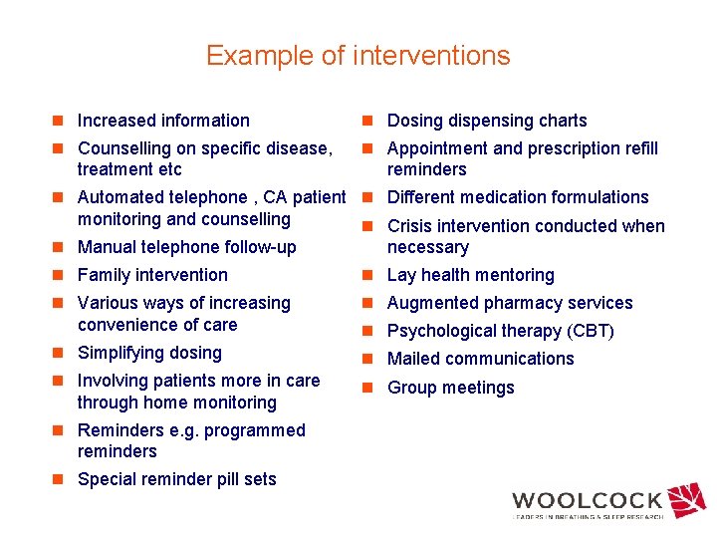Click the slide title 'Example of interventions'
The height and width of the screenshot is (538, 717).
pyautogui.click(x=358, y=56)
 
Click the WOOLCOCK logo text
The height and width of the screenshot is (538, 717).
pyautogui.click(x=587, y=501)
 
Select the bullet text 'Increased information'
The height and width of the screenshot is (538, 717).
pyautogui.click(x=163, y=121)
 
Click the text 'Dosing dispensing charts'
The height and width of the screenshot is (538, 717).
pyautogui.click(x=487, y=121)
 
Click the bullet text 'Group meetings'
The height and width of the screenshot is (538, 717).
pyautogui.click(x=450, y=388)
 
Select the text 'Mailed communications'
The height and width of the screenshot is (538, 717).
pyautogui.click(x=480, y=359)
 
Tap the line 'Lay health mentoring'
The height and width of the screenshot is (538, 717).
pyautogui.click(x=470, y=275)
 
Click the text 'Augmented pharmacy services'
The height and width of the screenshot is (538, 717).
pyautogui.click(x=510, y=303)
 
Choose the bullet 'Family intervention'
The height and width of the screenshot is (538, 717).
pyautogui.click(x=152, y=275)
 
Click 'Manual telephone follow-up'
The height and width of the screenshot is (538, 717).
pyautogui.click(x=186, y=247)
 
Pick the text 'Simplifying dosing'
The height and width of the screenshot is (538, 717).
pyautogui.click(x=149, y=353)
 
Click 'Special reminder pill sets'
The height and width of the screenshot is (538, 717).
pyautogui.click(x=176, y=479)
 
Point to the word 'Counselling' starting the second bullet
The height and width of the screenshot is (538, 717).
pyautogui.click(x=124, y=148)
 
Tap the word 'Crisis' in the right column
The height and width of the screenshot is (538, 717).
pyautogui.click(x=411, y=226)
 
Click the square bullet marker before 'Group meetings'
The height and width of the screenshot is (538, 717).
pyautogui.click(x=367, y=388)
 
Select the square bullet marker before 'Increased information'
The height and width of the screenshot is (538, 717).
pyautogui.click(x=59, y=121)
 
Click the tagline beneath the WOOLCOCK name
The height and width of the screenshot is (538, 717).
pyautogui.click(x=588, y=517)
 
